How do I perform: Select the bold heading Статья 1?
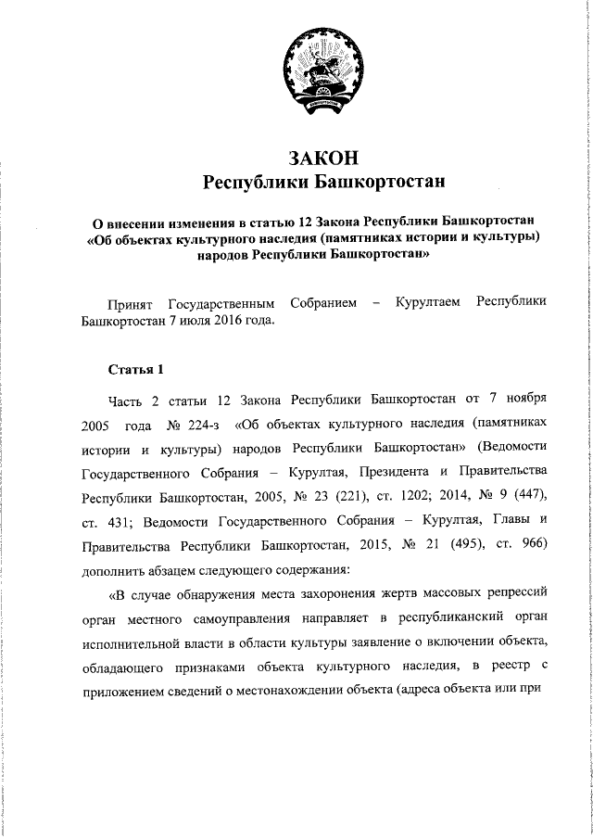point(135,368)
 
